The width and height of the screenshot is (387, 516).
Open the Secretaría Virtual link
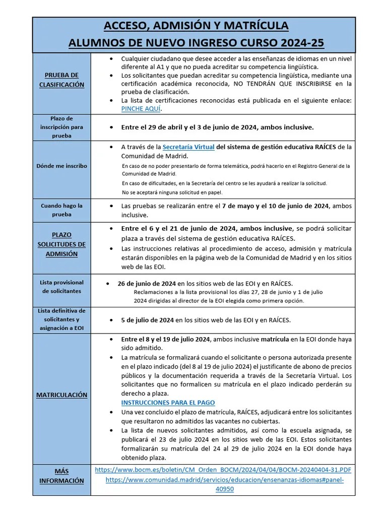188,147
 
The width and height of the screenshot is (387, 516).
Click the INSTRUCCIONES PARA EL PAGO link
168,403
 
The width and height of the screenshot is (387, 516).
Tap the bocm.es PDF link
223,469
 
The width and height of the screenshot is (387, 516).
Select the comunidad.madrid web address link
225,480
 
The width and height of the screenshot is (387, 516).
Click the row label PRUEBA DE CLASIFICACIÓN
62,80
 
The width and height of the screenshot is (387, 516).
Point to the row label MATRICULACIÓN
61,395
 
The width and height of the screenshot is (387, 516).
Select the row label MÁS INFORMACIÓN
61,476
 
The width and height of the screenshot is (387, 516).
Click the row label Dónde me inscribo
61,165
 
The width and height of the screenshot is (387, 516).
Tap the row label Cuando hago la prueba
61,210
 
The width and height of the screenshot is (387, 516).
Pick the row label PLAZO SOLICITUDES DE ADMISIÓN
61,244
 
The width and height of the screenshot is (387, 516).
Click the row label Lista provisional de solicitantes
61,287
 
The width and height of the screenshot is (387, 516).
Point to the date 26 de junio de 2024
147,283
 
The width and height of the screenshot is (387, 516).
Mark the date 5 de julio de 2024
147,320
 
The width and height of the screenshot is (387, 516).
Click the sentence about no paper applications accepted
172,192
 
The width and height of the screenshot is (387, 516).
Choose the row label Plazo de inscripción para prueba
61,127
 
